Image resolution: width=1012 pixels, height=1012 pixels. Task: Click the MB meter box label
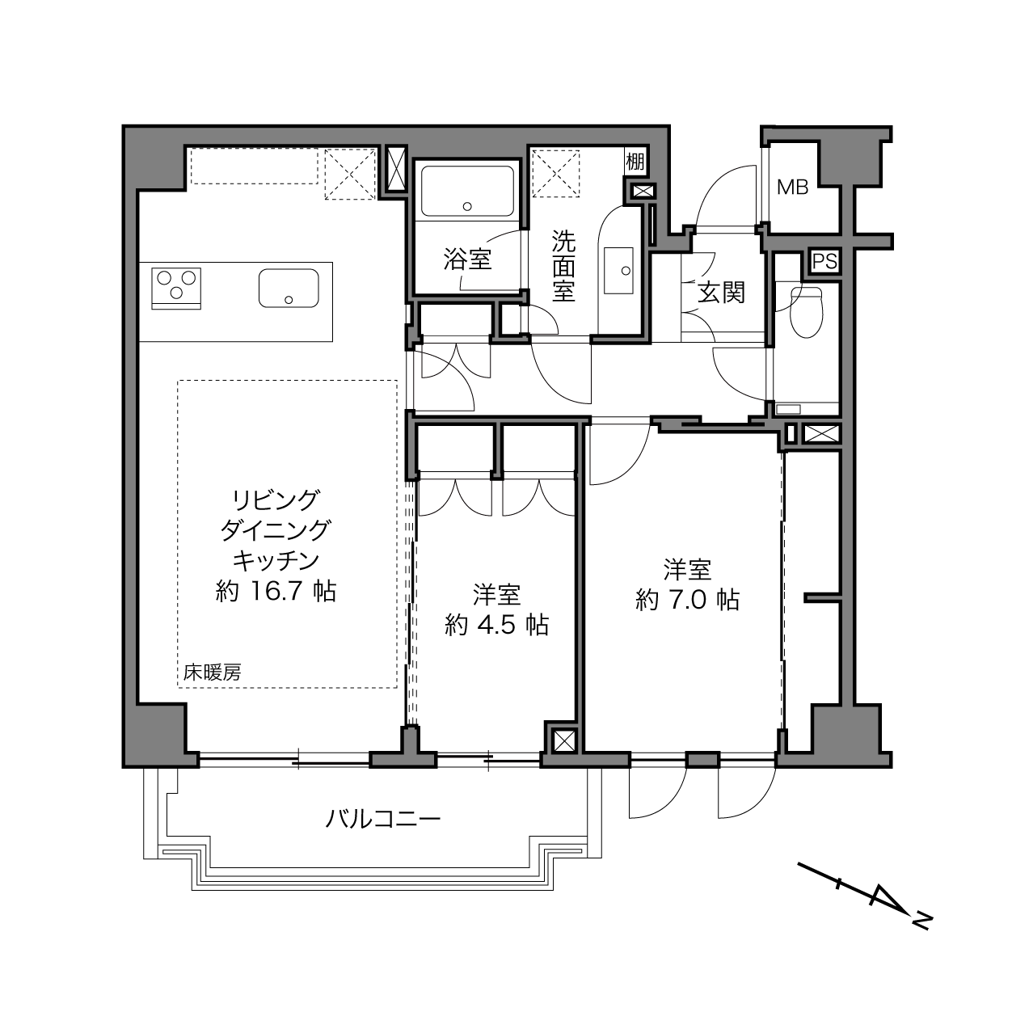point(792,187)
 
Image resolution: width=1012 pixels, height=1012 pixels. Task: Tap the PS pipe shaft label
point(824,261)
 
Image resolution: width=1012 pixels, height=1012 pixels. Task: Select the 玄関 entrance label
point(721,293)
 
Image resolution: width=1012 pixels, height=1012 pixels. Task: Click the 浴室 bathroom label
point(467,259)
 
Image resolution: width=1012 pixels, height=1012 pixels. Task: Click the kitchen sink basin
point(289,289)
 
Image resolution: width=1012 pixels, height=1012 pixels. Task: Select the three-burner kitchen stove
point(176,289)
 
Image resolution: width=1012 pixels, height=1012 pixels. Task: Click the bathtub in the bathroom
point(467,191)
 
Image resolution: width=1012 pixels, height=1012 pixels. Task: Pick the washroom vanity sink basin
point(618,271)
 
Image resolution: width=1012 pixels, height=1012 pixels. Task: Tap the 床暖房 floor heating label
point(212,673)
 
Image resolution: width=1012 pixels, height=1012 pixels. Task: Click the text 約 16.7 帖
point(276,592)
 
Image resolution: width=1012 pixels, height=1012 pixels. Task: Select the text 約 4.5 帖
point(496,625)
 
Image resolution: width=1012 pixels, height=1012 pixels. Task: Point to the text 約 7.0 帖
point(687,599)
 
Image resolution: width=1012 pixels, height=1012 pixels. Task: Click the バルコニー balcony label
point(383,819)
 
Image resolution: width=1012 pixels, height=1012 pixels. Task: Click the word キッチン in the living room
point(276,561)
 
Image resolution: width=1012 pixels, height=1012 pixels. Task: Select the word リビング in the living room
point(276,500)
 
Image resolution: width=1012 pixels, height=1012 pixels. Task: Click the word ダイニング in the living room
point(276,530)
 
